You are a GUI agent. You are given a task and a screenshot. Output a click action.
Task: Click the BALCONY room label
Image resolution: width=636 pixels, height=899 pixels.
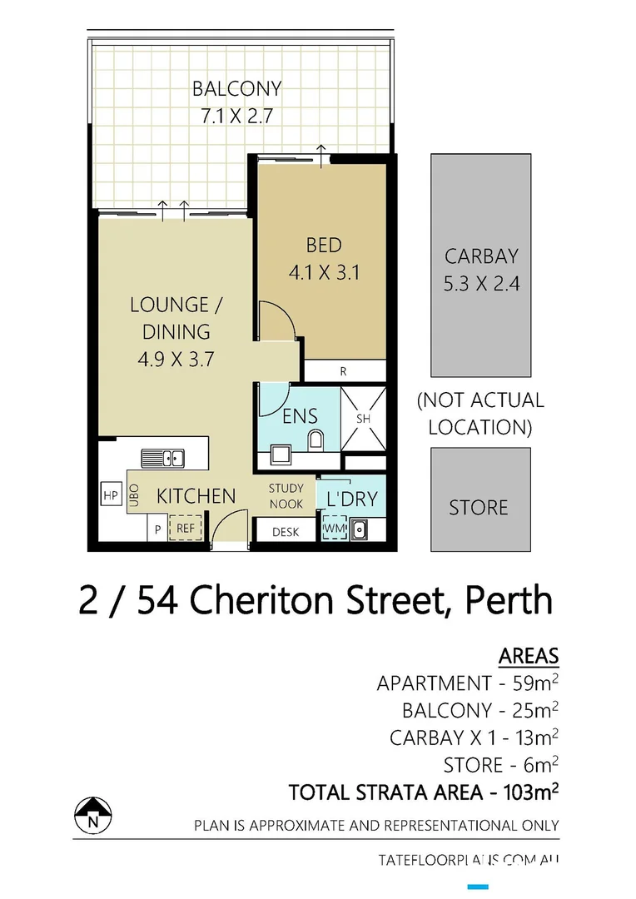coord(236,88)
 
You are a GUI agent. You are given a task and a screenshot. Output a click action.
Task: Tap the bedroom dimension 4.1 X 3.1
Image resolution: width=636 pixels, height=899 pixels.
coord(323,271)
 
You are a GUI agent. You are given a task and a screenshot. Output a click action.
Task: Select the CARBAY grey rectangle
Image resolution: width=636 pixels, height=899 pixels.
coord(480,265)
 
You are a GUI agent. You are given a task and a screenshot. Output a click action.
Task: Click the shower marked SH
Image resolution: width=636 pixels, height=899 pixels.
coord(364,419)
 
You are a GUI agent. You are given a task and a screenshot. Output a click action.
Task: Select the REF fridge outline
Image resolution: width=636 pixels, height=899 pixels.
coord(185,528)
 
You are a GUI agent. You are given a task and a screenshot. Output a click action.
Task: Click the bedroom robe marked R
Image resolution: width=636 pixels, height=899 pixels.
coord(343,372)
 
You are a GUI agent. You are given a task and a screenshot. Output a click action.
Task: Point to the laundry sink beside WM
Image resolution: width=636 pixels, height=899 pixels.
coord(361,528)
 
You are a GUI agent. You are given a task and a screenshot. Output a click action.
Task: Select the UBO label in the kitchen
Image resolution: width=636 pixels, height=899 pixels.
coord(134,497)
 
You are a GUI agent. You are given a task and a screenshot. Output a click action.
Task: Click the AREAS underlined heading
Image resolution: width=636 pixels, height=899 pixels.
coord(529,655)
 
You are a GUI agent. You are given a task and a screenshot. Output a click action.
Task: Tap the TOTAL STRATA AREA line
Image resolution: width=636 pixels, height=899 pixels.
coord(423,792)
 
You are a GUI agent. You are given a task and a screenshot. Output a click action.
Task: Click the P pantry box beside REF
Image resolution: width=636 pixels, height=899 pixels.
coord(156,528)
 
